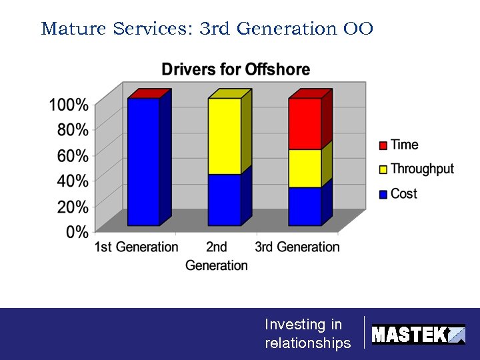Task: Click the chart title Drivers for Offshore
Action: pos(235,69)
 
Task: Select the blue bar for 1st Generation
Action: pos(143,161)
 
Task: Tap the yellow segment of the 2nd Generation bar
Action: pos(224,136)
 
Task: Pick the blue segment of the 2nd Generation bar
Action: pos(224,200)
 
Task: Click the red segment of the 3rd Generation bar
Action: pos(305,123)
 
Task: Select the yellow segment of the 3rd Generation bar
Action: pos(305,168)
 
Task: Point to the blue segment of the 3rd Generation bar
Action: pos(305,206)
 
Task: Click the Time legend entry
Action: pos(404,145)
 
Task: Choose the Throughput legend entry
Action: pos(421,169)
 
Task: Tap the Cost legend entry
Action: pos(403,193)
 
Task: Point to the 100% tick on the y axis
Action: pos(68,105)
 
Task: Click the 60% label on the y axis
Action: pos(72,156)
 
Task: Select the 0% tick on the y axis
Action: pos(77,232)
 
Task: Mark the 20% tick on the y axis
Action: pos(72,207)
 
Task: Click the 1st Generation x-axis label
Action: pos(136,247)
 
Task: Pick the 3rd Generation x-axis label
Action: pos(297,247)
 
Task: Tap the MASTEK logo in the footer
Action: pos(417,334)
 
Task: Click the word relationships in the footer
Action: pos(307,343)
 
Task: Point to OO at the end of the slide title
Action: pos(358,29)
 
